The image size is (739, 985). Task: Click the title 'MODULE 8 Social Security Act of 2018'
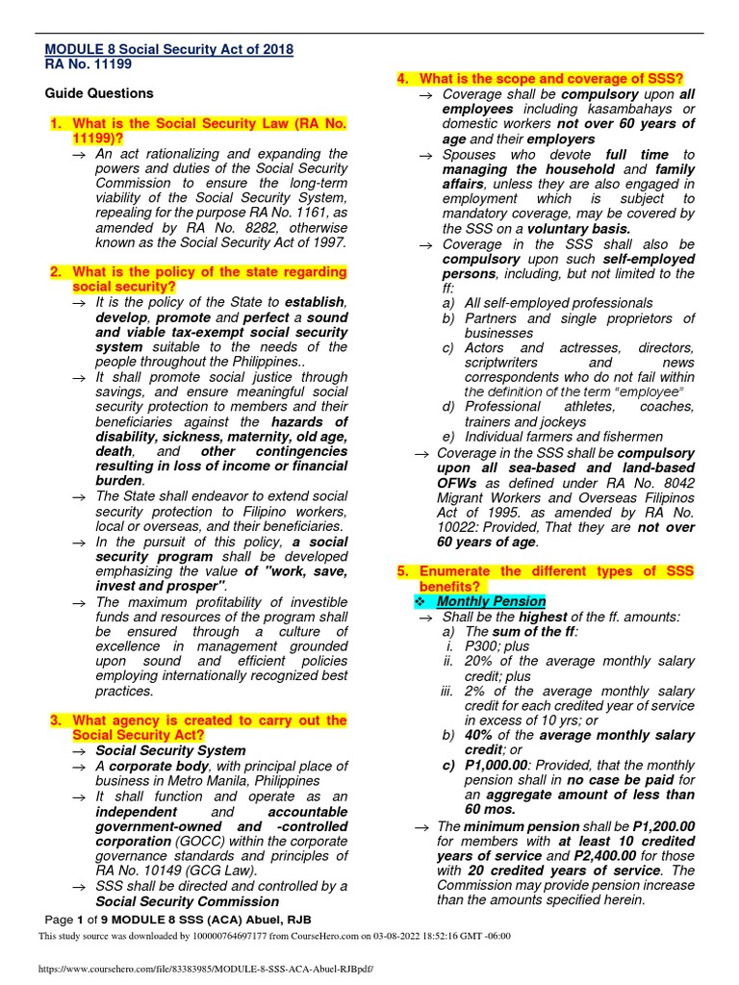click(169, 50)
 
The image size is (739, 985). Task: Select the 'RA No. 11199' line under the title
click(89, 64)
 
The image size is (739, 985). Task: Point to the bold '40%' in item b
click(479, 735)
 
